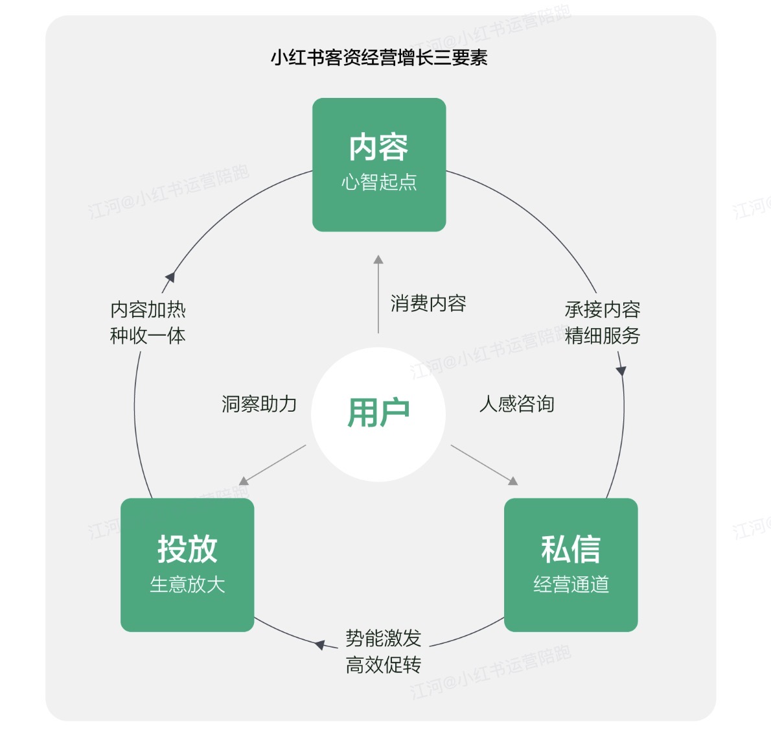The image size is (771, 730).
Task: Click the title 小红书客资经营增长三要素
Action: coord(379,58)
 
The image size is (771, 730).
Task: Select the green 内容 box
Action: coord(379,165)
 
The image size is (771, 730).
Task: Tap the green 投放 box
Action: coord(187,565)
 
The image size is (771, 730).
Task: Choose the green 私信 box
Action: coord(571,565)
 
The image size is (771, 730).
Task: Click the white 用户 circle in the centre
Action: coord(378,414)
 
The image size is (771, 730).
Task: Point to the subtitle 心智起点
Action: coord(379,182)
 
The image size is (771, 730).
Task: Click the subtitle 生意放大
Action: coord(187,585)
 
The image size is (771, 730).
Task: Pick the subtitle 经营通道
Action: coord(571,585)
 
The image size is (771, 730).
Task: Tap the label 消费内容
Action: coord(428,303)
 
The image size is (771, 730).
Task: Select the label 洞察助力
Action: coord(259,405)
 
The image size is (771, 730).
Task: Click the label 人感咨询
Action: coord(516,405)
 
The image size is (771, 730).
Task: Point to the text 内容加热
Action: coord(148,310)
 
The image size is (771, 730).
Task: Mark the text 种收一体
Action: coord(148,336)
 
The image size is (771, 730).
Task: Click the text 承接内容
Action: coord(603,310)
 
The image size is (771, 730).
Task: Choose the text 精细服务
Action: coord(603,336)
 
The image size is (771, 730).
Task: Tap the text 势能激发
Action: coord(383,639)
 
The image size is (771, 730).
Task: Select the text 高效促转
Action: coord(383,665)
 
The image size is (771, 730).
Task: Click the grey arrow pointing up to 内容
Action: coord(378,295)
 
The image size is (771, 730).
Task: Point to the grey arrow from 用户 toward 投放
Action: coord(273,464)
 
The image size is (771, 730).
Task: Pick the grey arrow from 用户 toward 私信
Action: coord(484,464)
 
